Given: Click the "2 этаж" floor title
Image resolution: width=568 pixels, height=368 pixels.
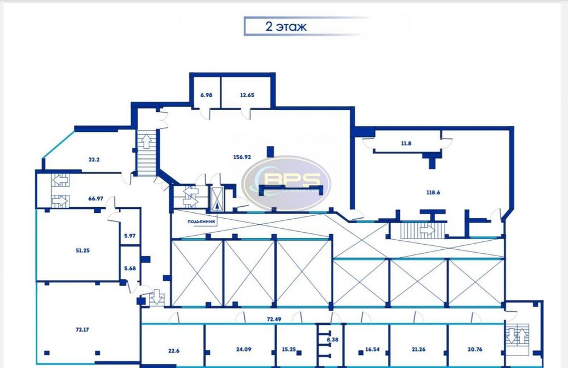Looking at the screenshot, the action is pyautogui.click(x=286, y=27).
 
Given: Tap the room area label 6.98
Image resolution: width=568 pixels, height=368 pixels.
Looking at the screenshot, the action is pyautogui.click(x=206, y=95).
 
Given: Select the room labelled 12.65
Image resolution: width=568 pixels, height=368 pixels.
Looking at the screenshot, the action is pyautogui.click(x=247, y=95).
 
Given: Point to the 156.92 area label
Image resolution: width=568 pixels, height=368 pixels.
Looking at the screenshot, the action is pyautogui.click(x=243, y=157).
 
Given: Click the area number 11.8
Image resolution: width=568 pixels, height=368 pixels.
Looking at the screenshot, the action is pyautogui.click(x=406, y=144).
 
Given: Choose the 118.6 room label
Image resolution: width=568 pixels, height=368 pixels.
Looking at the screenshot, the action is pyautogui.click(x=433, y=193).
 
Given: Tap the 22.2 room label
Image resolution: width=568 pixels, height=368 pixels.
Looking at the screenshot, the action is pyautogui.click(x=94, y=160).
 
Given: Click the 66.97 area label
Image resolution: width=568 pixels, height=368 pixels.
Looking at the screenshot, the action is pyautogui.click(x=95, y=199).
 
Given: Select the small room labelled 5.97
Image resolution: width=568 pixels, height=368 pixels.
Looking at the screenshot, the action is pyautogui.click(x=130, y=236).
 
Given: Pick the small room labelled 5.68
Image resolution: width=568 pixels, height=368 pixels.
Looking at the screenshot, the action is pyautogui.click(x=130, y=269).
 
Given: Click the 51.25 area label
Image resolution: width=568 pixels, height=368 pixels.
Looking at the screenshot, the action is pyautogui.click(x=82, y=250).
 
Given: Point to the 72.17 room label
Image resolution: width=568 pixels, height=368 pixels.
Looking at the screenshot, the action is pyautogui.click(x=82, y=329).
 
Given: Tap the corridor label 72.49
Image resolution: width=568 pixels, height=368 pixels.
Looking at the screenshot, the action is pyautogui.click(x=274, y=320).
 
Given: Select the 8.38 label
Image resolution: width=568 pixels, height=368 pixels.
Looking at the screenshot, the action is pyautogui.click(x=332, y=340).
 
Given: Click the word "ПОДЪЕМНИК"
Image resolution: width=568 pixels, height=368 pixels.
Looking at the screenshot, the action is pyautogui.click(x=202, y=221).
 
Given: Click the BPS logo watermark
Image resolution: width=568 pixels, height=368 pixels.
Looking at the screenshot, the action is pyautogui.click(x=286, y=183).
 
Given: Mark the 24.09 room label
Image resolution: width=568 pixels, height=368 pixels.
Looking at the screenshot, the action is pyautogui.click(x=244, y=349).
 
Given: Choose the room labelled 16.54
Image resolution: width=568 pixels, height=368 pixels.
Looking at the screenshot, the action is pyautogui.click(x=373, y=349).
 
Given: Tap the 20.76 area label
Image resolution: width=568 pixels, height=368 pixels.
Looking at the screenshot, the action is pyautogui.click(x=474, y=349).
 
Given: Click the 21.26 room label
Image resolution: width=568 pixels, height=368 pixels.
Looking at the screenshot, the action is pyautogui.click(x=419, y=349).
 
